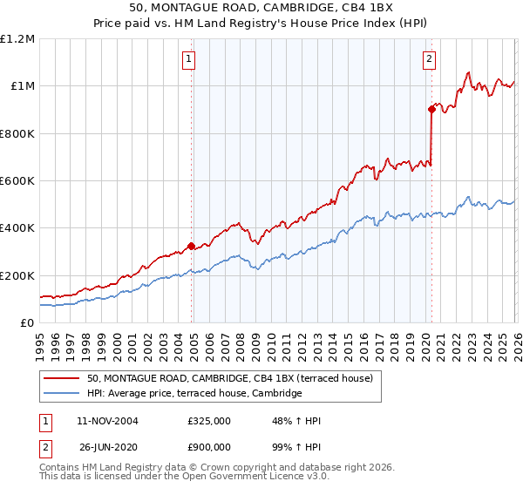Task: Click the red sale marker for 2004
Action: pyautogui.click(x=191, y=246)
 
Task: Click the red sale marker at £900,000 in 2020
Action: pyautogui.click(x=431, y=109)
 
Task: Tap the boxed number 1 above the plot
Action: pyautogui.click(x=188, y=59)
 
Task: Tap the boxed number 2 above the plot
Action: pyautogui.click(x=430, y=59)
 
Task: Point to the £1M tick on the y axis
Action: pyautogui.click(x=23, y=86)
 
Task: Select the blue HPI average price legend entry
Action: pyautogui.click(x=194, y=394)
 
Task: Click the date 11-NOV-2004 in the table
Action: pyautogui.click(x=107, y=421)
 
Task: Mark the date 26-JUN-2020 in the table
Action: pyautogui.click(x=107, y=447)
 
